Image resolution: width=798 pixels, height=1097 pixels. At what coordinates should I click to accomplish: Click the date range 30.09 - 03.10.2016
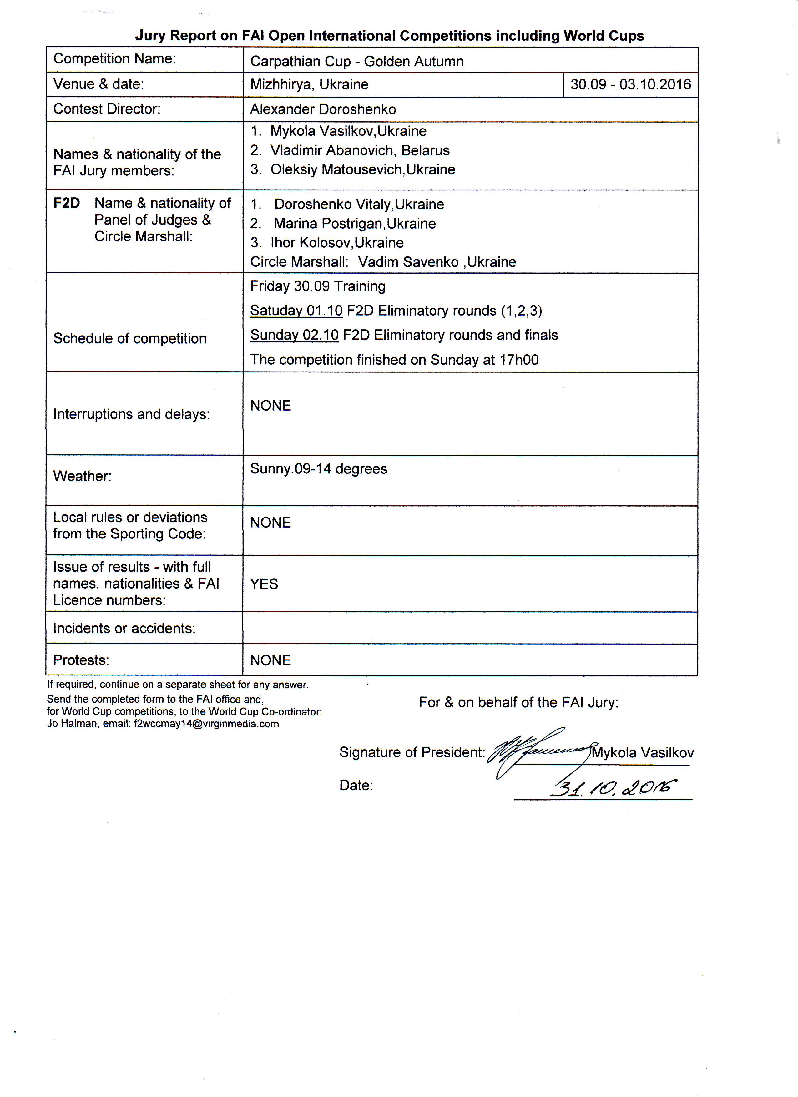(x=631, y=85)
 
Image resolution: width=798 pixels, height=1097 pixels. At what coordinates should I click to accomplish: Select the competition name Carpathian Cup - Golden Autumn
(x=357, y=61)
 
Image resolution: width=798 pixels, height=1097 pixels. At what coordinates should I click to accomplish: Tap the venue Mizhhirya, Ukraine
(x=309, y=85)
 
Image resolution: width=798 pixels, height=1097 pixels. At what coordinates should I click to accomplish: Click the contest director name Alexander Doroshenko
(x=323, y=109)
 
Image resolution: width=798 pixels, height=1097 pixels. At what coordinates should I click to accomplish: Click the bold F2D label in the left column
(x=66, y=203)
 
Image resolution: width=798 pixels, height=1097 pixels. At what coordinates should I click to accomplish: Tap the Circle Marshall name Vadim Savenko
(x=408, y=262)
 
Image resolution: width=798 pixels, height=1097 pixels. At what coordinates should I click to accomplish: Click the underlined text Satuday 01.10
(x=296, y=311)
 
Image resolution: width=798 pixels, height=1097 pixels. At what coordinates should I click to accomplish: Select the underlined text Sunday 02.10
(x=294, y=335)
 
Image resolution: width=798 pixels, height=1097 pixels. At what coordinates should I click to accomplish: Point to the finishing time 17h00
(x=519, y=360)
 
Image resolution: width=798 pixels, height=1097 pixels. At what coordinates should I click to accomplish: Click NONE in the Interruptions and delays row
(x=270, y=406)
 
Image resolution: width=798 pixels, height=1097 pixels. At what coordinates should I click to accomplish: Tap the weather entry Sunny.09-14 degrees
(x=318, y=469)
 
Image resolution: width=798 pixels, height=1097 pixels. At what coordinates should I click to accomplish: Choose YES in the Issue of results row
(x=264, y=584)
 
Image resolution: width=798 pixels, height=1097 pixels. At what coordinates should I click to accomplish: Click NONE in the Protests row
(x=270, y=661)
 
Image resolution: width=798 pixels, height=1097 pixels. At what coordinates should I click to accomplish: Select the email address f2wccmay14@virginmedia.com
(x=206, y=724)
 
